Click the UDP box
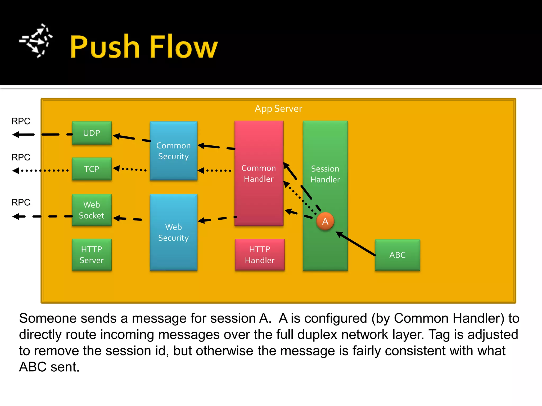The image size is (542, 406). tap(92, 133)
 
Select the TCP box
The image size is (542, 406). tap(92, 169)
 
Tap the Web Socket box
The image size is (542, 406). tap(92, 210)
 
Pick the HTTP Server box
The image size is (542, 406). tap(92, 255)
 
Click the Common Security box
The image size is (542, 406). tap(173, 151)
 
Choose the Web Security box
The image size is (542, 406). tap(173, 232)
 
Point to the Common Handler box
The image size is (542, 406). tap(259, 173)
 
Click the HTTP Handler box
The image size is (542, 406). tap(260, 255)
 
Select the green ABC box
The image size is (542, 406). tap(397, 255)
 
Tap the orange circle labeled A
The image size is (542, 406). tap(325, 221)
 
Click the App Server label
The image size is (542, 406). tap(278, 109)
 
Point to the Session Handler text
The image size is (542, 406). tap(325, 174)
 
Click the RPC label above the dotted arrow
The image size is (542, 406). tap(21, 157)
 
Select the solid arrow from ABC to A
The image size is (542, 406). tap(356, 244)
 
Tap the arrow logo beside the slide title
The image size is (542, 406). tap(36, 41)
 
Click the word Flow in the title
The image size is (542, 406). tap(183, 47)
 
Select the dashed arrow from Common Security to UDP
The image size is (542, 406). tap(132, 138)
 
